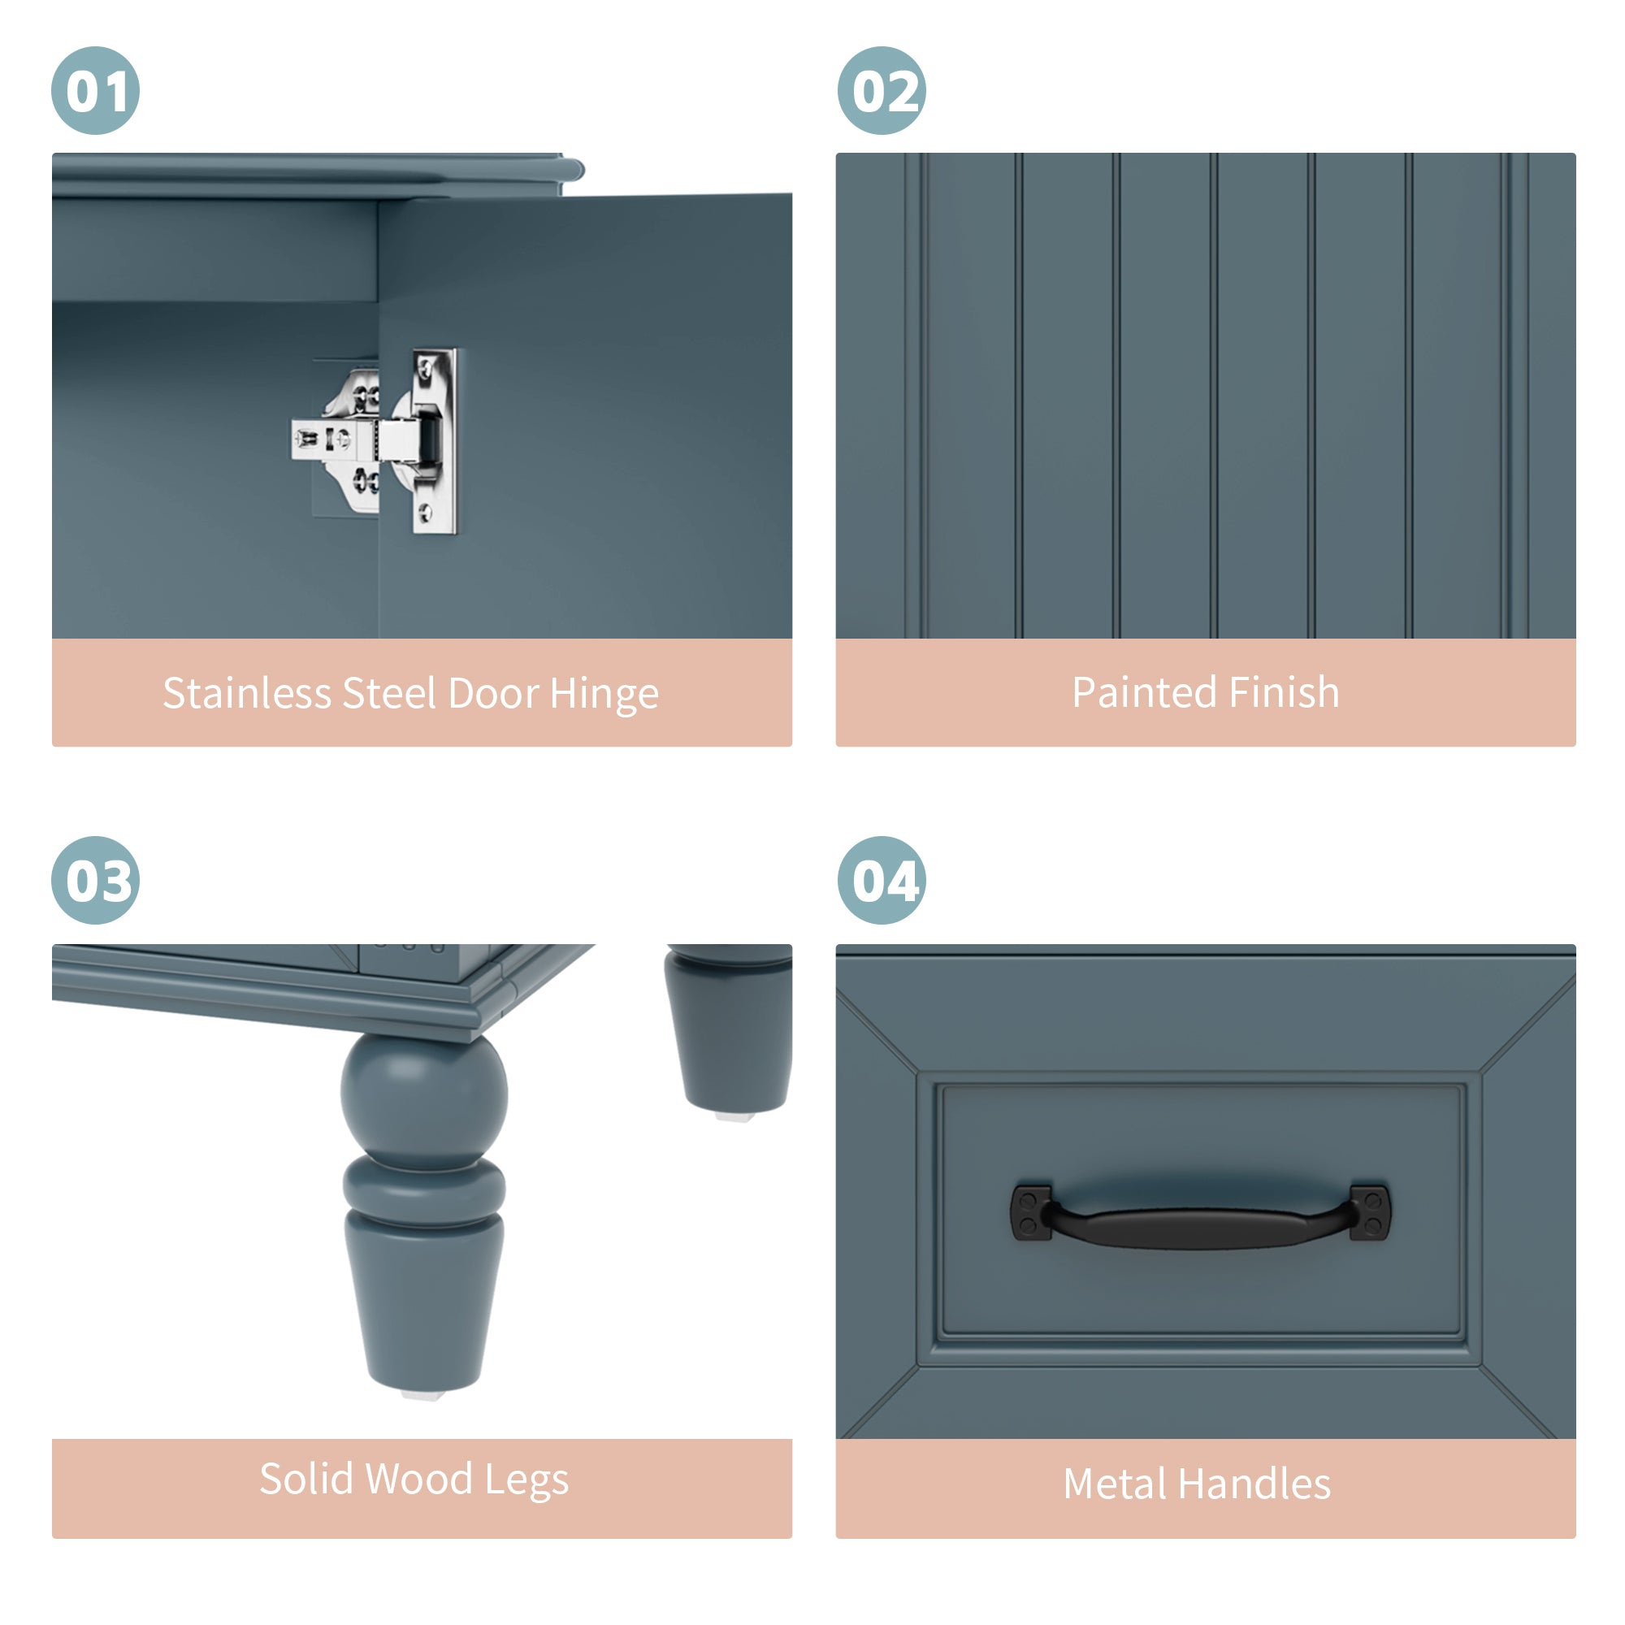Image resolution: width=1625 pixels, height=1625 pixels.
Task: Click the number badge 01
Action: point(95,91)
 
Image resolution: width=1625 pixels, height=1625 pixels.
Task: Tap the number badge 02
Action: point(882,91)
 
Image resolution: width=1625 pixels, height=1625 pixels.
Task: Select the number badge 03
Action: point(95,881)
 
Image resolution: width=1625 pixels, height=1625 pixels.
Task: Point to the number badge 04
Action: point(882,881)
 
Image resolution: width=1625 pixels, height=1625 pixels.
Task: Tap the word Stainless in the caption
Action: point(246,693)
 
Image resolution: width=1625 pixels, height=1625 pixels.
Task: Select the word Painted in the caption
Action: point(1144,692)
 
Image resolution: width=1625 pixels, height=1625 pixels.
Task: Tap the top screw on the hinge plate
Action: point(427,368)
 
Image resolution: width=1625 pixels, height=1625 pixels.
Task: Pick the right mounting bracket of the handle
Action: point(1370,1212)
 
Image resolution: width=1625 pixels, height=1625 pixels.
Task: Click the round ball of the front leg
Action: point(425,1095)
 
